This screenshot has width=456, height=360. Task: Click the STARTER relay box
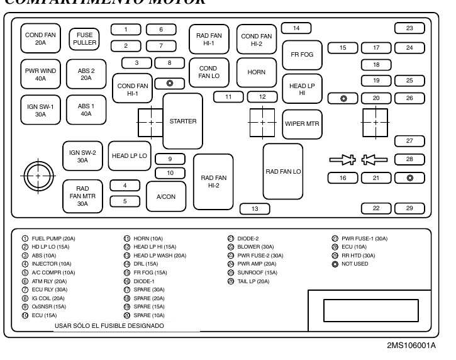point(183,121)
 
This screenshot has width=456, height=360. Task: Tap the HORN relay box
point(256,72)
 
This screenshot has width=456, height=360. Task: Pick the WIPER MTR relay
point(303,123)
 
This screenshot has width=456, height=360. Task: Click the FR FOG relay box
point(302,55)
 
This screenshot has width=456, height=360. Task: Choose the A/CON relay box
point(166,196)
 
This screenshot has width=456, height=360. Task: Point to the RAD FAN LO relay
point(283,171)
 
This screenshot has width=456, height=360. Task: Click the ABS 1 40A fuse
point(86,110)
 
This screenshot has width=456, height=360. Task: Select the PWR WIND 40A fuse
point(40,75)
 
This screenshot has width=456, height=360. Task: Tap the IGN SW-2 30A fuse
point(82,156)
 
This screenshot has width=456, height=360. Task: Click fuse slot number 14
point(296,28)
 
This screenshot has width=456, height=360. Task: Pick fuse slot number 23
point(409,28)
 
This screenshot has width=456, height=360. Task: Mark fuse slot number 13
point(255,209)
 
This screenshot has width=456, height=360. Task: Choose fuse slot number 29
point(409,208)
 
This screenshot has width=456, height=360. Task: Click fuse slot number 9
point(169,159)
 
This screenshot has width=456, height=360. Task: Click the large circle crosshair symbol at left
point(38,176)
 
